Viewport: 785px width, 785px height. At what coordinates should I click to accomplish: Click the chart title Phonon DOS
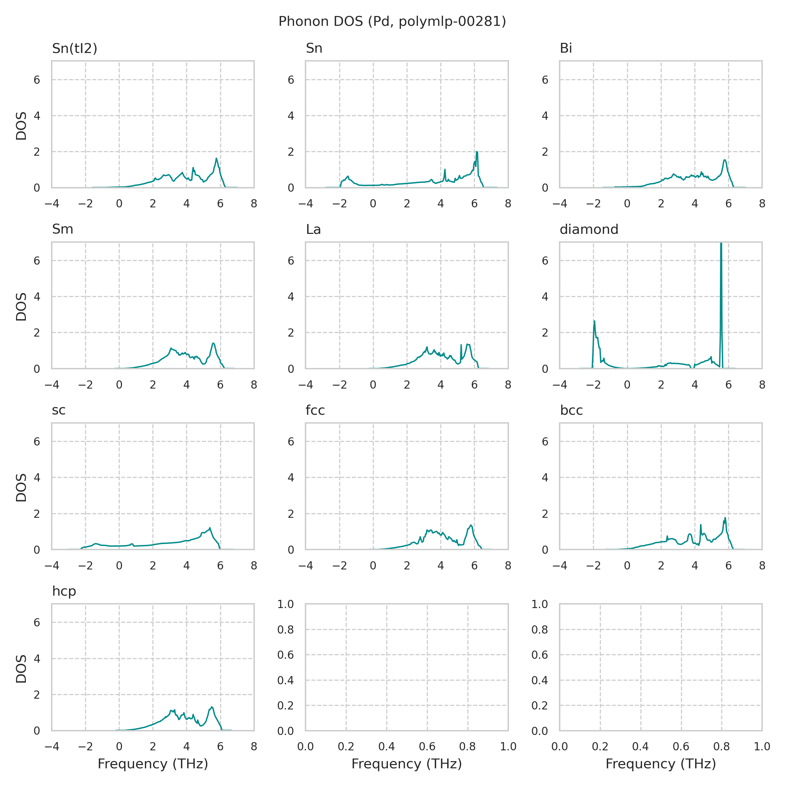pyautogui.click(x=392, y=22)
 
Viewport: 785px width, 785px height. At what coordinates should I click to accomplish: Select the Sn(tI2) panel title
pyautogui.click(x=75, y=48)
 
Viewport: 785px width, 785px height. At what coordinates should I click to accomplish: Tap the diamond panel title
pyautogui.click(x=589, y=230)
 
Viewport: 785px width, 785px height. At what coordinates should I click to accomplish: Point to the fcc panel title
pyautogui.click(x=315, y=410)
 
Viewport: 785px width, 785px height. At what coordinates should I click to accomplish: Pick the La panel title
pyautogui.click(x=313, y=230)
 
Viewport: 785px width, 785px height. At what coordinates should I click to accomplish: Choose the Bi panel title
pyautogui.click(x=566, y=48)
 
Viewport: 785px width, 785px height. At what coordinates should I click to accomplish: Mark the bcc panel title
pyautogui.click(x=571, y=410)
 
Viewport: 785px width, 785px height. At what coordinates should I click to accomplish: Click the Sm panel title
pyautogui.click(x=62, y=230)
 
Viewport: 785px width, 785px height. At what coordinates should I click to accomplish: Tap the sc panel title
pyautogui.click(x=59, y=410)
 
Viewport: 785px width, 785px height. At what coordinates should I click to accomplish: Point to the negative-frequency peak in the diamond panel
pyautogui.click(x=594, y=322)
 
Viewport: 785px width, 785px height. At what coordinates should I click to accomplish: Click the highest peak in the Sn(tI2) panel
pyautogui.click(x=217, y=159)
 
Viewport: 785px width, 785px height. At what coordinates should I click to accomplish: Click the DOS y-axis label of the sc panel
pyautogui.click(x=21, y=488)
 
